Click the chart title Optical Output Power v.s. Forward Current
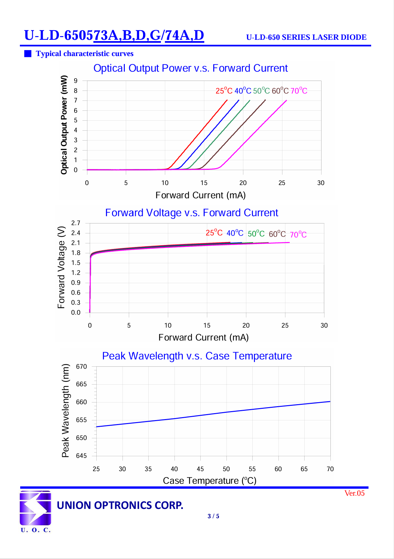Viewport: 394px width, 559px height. pos(190,68)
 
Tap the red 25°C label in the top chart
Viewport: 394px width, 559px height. pos(224,91)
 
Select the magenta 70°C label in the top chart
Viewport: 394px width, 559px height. pos(299,91)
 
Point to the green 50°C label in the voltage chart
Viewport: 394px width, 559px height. pos(256,233)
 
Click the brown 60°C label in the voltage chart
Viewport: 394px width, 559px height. pos(277,234)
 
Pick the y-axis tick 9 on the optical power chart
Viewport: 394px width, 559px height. pos(75,81)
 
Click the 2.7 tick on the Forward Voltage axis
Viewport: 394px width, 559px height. pos(76,223)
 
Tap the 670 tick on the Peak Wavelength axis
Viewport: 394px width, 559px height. pos(81,367)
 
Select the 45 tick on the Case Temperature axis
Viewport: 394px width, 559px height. pos(200,469)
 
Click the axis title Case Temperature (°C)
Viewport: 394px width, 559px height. pos(210,480)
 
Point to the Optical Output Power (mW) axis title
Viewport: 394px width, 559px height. pos(64,125)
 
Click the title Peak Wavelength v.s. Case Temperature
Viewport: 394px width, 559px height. pos(197,356)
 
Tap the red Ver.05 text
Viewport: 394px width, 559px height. pos(354,493)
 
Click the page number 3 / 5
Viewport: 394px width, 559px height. pos(213,516)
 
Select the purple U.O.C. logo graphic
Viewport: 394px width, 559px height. pos(35,508)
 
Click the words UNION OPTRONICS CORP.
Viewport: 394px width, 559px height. pos(120,505)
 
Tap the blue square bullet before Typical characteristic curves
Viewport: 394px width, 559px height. pos(28,54)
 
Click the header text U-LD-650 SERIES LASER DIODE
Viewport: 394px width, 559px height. pos(306,37)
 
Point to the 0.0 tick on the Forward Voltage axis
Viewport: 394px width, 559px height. pos(76,312)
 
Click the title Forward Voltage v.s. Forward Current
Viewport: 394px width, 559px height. pos(191,213)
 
